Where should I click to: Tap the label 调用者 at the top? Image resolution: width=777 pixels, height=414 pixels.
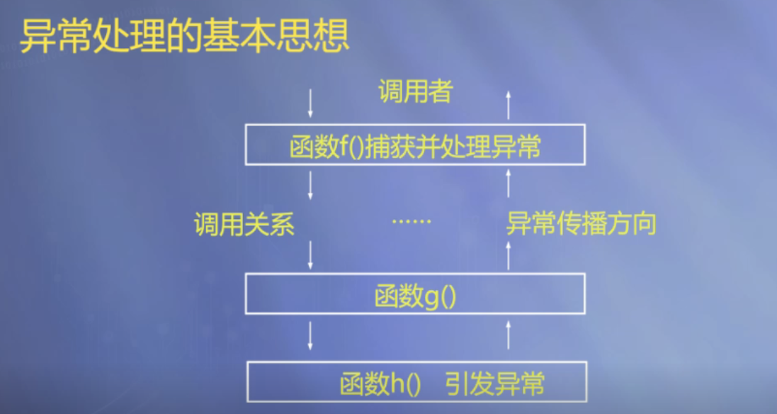[414, 91]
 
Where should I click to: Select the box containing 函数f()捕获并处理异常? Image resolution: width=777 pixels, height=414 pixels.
[415, 145]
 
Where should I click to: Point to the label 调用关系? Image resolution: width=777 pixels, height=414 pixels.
[244, 225]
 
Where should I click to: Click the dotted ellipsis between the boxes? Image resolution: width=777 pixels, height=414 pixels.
[412, 221]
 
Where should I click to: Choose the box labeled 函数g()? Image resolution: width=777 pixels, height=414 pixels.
[415, 293]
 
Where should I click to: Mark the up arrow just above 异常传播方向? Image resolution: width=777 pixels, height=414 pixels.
[508, 184]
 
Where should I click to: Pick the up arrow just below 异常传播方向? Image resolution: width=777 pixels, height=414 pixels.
[508, 254]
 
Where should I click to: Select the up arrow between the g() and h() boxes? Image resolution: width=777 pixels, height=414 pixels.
[508, 335]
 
